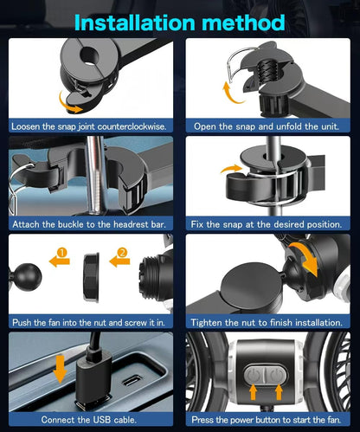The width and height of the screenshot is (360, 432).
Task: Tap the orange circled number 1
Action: (x=62, y=253)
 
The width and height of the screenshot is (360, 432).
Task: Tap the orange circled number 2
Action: (x=122, y=253)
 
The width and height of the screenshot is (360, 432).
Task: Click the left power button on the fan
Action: (x=254, y=375)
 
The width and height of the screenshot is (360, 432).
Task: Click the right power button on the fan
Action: (x=276, y=375)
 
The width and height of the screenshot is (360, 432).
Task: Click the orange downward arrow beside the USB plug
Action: (x=60, y=369)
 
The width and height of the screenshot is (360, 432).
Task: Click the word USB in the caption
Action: (x=102, y=420)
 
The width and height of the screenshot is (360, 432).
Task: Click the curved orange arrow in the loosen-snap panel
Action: (x=70, y=103)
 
